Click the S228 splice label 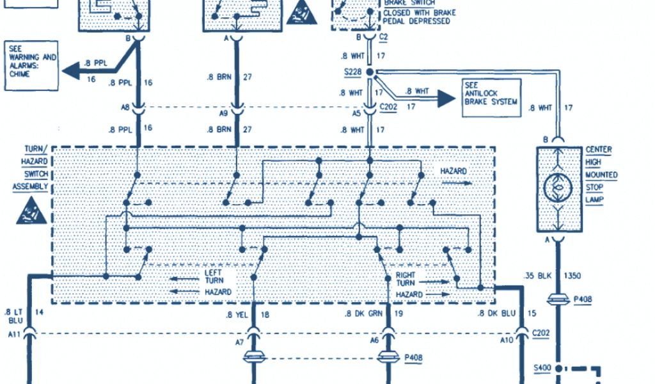pyautogui.click(x=352, y=73)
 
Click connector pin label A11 pyautogui.click(x=14, y=333)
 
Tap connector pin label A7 pyautogui.click(x=239, y=342)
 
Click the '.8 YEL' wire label pyautogui.click(x=236, y=314)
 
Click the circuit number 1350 pyautogui.click(x=572, y=275)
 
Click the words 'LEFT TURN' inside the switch pyautogui.click(x=212, y=276)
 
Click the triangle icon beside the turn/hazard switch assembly pyautogui.click(x=29, y=211)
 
